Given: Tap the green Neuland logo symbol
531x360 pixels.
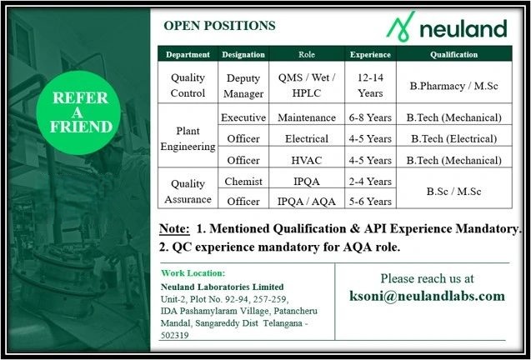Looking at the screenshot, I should click(402, 30).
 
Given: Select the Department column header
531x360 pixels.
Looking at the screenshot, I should click(188, 55).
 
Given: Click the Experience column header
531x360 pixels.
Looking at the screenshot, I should click(369, 55).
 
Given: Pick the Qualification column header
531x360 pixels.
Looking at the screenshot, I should click(453, 55).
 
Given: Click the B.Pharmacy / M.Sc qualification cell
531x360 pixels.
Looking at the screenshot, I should click(453, 86).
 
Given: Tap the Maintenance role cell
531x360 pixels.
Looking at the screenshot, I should click(307, 118).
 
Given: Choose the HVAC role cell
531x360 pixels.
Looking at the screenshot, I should click(307, 158).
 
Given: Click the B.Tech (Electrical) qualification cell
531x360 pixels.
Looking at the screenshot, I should click(453, 138).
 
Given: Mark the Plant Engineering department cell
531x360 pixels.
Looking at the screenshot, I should click(188, 138).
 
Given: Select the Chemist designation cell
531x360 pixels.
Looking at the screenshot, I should click(243, 180).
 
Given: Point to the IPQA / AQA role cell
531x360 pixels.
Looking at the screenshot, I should click(307, 201).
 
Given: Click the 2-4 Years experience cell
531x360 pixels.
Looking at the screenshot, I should click(369, 180).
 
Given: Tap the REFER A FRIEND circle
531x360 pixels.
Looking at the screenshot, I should click(81, 112).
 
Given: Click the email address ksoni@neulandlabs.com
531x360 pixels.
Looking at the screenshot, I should click(428, 296).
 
